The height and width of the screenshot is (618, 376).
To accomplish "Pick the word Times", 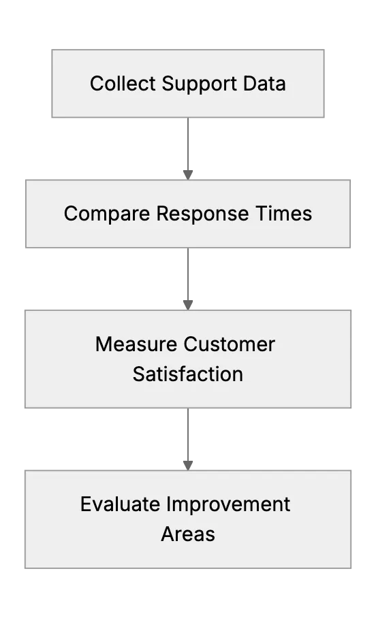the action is [x=283, y=214].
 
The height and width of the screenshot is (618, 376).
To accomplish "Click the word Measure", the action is [x=136, y=344].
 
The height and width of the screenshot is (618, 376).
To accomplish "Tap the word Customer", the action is [x=230, y=344].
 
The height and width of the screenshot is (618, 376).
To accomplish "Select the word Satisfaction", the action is [x=188, y=374].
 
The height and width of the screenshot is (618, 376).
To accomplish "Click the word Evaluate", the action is [x=120, y=504].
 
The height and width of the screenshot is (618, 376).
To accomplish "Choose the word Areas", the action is [x=188, y=534].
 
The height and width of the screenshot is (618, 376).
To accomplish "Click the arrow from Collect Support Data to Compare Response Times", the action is [x=188, y=148].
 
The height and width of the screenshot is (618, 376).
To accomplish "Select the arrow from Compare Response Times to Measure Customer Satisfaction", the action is [x=188, y=279].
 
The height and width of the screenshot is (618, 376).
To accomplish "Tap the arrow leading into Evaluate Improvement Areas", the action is [x=188, y=439].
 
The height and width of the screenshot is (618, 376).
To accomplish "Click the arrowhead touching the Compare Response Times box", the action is [x=188, y=175].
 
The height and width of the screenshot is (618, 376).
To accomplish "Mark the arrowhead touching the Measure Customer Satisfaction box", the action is [x=188, y=306].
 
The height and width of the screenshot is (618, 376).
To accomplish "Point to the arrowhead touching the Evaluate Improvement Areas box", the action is [x=188, y=466].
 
